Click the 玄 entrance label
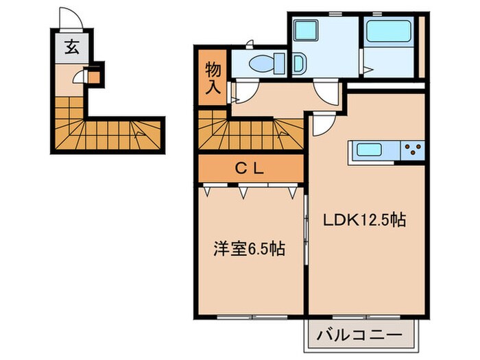(x=71, y=47)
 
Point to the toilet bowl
(x=264, y=64)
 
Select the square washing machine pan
(x=304, y=32)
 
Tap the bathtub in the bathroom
(x=387, y=32)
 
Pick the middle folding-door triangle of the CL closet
(x=242, y=193)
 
